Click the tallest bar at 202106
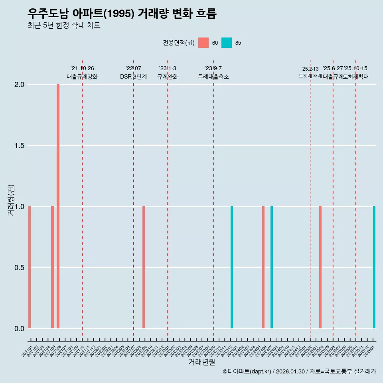58,206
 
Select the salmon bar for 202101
30,267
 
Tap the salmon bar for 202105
52,267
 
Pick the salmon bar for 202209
144,267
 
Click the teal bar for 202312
232,267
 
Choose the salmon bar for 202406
263,267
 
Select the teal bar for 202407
272,267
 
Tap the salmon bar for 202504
320,267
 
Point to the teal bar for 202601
374,267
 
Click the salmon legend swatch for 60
203,43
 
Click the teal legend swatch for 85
227,43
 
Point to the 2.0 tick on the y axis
20,85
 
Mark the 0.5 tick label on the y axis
20,267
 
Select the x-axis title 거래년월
201,362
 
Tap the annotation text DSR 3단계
133,77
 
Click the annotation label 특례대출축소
213,77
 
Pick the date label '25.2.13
310,69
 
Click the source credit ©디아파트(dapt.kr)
247,371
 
